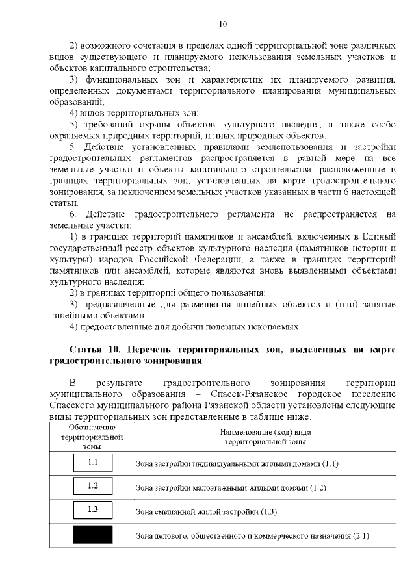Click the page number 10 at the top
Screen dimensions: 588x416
pos(222,25)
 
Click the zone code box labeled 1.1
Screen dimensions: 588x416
pos(92,463)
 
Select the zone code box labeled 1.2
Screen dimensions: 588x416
pos(92,486)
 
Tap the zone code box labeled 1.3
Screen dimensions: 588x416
pos(92,510)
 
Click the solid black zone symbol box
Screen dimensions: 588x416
pos(92,535)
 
